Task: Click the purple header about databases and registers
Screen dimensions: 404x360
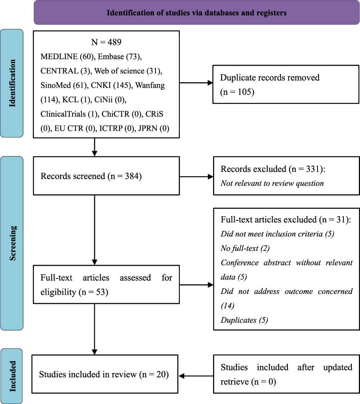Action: point(196,13)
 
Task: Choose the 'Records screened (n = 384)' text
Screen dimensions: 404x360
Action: point(91,177)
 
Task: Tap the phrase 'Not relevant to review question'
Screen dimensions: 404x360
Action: point(272,183)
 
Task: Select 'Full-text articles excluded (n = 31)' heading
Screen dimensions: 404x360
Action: point(286,219)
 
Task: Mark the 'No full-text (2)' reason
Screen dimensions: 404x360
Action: point(242,248)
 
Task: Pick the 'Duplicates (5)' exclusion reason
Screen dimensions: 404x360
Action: point(243,320)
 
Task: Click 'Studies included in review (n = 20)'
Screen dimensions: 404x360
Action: point(104,374)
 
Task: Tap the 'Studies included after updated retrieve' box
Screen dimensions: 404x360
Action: point(286,374)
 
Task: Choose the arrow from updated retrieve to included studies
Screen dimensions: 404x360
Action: point(196,375)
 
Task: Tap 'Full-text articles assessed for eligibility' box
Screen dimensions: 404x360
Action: point(106,285)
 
